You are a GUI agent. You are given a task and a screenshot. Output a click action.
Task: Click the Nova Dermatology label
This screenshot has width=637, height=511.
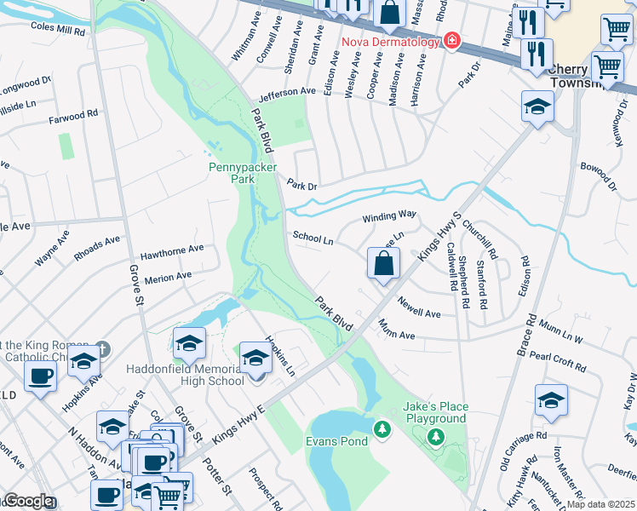point(389,42)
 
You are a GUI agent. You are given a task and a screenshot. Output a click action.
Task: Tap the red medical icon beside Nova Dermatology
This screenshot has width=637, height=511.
point(449,41)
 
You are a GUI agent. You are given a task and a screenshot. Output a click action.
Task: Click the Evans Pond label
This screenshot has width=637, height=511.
point(336,441)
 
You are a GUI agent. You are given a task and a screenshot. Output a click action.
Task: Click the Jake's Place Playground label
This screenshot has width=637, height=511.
point(434,412)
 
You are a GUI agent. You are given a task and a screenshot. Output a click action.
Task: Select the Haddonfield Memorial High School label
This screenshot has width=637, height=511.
point(185,375)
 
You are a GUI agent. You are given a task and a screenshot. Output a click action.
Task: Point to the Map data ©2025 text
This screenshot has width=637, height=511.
point(601,504)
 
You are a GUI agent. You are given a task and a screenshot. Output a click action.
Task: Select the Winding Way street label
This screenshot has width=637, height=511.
point(389,216)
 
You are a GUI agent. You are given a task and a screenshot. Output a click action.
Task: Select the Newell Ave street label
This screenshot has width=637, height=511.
point(419,309)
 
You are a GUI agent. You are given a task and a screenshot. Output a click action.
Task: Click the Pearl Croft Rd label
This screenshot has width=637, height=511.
point(558,361)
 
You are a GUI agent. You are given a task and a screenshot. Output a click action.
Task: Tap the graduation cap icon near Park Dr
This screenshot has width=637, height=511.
point(537,106)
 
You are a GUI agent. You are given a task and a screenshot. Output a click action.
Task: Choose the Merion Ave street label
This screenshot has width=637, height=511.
point(168,278)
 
